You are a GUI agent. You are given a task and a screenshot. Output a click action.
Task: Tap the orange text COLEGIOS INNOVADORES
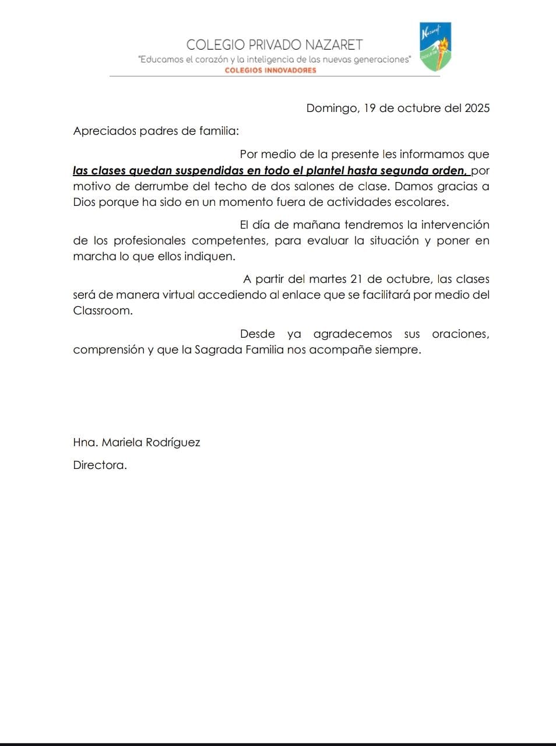(270, 70)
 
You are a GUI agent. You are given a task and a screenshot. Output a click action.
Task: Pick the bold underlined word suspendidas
(201, 171)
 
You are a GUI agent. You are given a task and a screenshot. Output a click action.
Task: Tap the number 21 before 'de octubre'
(357, 279)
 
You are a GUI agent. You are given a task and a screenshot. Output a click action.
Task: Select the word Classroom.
(102, 310)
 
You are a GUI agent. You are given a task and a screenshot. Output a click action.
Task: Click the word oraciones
(460, 334)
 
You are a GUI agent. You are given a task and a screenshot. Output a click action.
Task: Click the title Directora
(99, 465)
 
